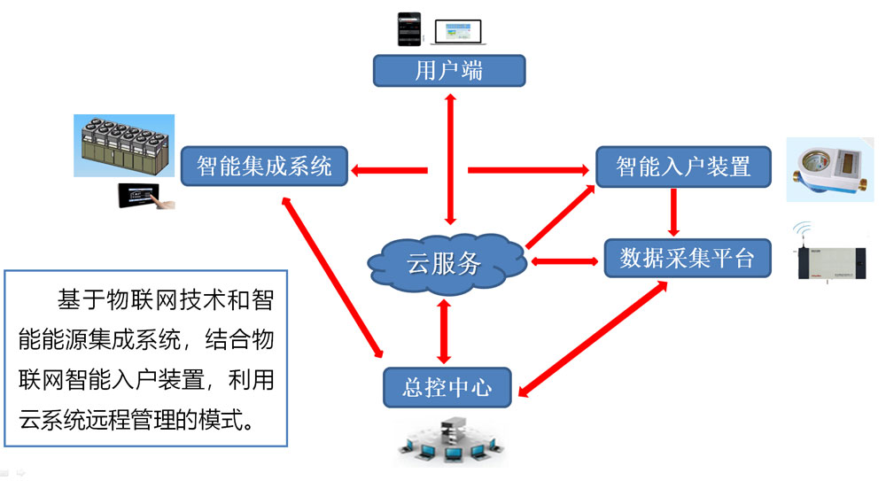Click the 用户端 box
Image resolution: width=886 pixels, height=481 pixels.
coord(448,70)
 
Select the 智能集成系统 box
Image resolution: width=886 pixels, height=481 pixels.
coord(263,166)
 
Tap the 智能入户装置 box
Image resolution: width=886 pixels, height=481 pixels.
coord(682,166)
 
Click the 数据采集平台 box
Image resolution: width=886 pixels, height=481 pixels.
coord(687,258)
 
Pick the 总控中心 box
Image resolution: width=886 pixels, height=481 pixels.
coord(448,387)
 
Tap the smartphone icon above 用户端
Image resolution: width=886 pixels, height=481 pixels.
coord(408,28)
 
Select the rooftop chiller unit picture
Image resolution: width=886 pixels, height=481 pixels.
coord(123,146)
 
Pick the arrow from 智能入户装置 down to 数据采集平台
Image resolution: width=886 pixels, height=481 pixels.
coord(674,211)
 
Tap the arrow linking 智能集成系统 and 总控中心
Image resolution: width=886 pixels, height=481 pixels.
coord(331,275)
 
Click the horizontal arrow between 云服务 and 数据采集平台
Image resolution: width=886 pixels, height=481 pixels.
coord(563,261)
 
